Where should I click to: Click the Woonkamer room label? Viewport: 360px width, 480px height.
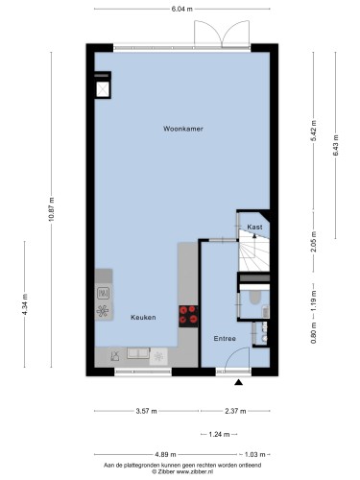[x=183, y=129]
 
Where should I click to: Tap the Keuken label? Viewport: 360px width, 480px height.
[x=143, y=317]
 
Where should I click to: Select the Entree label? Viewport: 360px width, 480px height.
[x=225, y=338]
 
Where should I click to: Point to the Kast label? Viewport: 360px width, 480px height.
[x=254, y=227]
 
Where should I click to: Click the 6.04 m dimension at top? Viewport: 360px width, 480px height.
[x=182, y=9]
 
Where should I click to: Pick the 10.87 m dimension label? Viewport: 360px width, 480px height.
[x=52, y=209]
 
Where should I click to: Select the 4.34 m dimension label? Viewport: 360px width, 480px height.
[x=25, y=304]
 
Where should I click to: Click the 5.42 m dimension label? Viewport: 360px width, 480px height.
[x=314, y=131]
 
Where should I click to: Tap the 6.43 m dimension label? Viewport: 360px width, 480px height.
[x=336, y=145]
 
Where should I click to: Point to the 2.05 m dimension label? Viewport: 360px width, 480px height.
[x=314, y=242]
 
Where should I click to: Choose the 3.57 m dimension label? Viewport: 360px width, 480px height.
[x=146, y=411]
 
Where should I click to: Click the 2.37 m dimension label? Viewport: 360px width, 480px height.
[x=235, y=411]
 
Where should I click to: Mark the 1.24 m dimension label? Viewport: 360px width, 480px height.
[x=219, y=434]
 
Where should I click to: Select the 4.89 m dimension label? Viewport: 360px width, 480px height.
[x=165, y=454]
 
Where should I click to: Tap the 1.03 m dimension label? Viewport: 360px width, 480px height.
[x=255, y=454]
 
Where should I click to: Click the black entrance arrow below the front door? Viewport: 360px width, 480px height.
[x=238, y=382]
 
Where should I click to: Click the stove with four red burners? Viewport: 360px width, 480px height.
[x=188, y=316]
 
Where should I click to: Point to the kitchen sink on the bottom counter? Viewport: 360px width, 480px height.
[x=138, y=353]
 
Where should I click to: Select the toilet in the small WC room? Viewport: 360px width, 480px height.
[x=254, y=298]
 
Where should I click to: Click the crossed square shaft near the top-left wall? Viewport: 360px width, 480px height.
[x=103, y=89]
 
